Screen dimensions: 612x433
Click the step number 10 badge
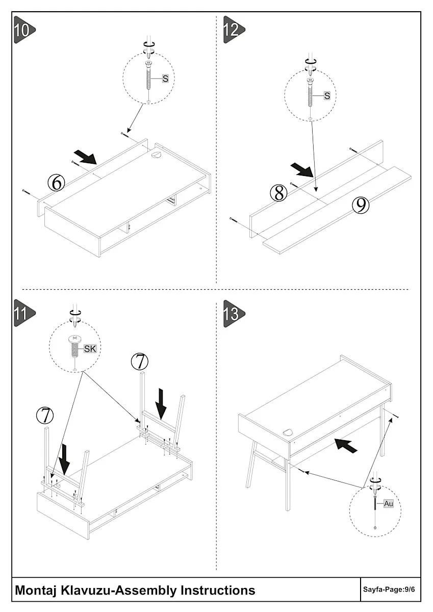22,30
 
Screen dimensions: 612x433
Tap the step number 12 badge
232,30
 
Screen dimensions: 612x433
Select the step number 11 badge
22,313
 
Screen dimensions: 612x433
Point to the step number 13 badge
232,313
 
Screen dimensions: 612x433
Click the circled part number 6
57,182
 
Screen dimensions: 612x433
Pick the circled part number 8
278,193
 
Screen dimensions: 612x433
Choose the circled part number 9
361,205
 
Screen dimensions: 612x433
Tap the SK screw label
90,349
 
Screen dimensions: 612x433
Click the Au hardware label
389,503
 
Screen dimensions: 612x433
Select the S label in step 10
165,79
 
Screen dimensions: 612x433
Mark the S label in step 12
327,95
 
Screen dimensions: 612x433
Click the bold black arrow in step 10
85,157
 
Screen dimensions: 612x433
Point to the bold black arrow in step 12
302,170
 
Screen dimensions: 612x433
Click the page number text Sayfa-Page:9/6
389,590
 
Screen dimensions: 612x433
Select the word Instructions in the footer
218,590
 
